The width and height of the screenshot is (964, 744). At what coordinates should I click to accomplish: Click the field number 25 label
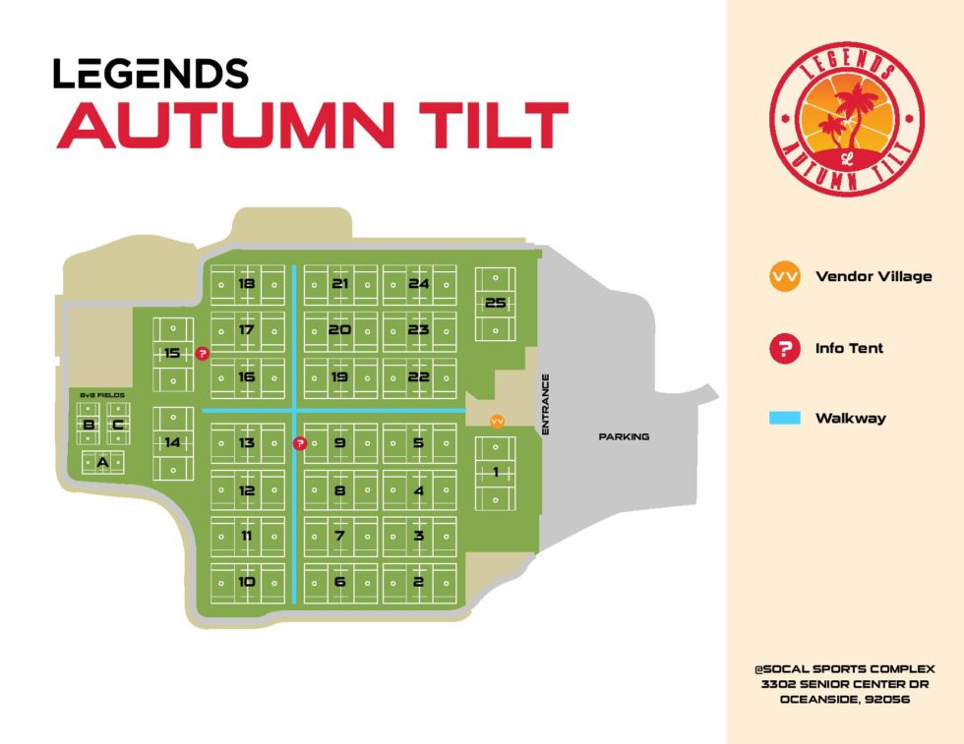click(x=495, y=303)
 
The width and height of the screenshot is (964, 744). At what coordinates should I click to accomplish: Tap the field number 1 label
click(x=495, y=473)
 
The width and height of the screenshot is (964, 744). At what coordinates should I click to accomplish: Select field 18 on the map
click(x=246, y=284)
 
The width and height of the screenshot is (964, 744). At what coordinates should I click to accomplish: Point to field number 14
click(x=172, y=443)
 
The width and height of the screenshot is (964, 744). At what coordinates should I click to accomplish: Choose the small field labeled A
click(x=101, y=460)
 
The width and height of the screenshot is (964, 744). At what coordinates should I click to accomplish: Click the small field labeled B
click(x=89, y=426)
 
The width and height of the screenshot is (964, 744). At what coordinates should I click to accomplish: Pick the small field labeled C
click(x=117, y=426)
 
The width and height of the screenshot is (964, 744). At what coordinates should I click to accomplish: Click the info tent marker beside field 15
click(x=203, y=353)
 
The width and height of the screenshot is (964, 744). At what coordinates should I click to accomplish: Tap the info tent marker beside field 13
click(x=301, y=443)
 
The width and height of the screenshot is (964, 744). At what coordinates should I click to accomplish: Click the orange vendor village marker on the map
click(x=497, y=422)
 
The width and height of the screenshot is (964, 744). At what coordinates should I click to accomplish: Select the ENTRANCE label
click(x=544, y=404)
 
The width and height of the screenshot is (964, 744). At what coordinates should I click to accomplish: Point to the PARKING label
click(x=624, y=436)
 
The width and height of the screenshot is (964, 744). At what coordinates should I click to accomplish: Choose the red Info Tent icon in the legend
click(x=784, y=348)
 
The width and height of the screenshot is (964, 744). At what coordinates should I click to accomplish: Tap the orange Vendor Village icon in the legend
click(x=784, y=277)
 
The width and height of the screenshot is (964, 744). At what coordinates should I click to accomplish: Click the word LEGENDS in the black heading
click(x=151, y=74)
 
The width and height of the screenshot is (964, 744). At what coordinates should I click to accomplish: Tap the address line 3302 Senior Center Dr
click(x=845, y=684)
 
